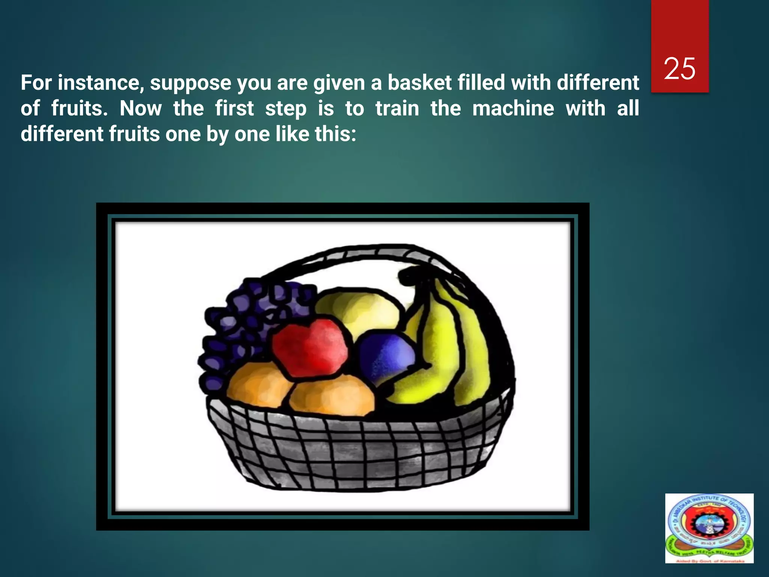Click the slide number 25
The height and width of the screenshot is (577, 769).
point(680,69)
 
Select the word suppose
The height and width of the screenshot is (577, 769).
point(190,83)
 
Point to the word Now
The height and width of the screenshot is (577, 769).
point(140,109)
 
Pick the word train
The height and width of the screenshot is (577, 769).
point(397,109)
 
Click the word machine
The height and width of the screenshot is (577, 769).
point(513,109)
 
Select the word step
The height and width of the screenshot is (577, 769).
point(285,109)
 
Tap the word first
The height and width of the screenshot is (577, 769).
point(234,109)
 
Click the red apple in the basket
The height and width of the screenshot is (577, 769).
point(310,347)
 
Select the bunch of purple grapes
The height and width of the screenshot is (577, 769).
point(248,323)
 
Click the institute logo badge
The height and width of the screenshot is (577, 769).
point(709,528)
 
